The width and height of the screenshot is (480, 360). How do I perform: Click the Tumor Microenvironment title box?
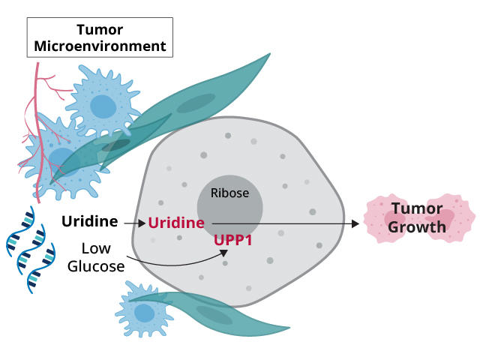click(100, 37)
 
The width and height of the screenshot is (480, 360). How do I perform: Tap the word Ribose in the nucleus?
click(229, 193)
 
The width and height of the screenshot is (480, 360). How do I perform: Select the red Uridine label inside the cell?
click(176, 223)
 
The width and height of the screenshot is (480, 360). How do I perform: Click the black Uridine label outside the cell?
click(90, 221)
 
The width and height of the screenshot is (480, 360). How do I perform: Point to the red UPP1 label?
click(232, 241)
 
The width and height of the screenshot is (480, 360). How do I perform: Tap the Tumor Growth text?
click(418, 217)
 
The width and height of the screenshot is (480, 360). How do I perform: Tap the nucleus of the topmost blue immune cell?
click(103, 107)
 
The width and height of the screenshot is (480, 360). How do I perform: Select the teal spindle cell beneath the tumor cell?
click(217, 315)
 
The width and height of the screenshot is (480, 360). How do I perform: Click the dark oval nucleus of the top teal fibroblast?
click(196, 103)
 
